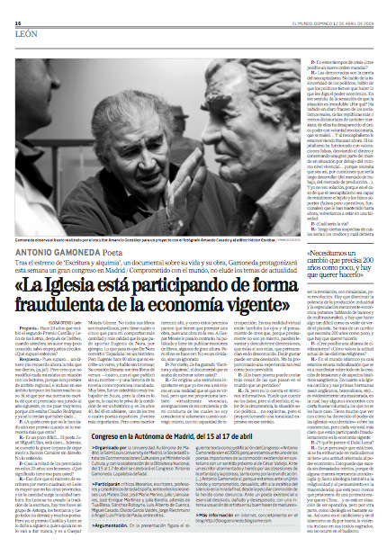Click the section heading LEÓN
coord(25,25)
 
